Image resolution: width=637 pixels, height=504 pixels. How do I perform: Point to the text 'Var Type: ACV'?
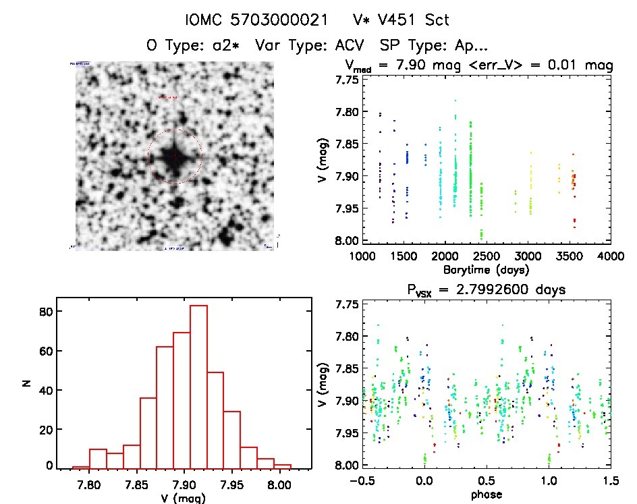click(x=320, y=46)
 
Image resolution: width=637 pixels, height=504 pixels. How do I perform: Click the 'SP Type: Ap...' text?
click(x=434, y=46)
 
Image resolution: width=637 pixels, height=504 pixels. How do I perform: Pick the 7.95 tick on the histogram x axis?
click(x=240, y=484)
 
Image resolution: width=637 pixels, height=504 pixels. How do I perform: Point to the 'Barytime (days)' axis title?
click(x=486, y=270)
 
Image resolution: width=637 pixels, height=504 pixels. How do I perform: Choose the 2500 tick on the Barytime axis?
click(x=486, y=256)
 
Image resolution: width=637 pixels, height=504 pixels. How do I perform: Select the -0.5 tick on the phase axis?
click(x=362, y=480)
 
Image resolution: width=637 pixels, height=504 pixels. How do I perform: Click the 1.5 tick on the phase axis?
click(x=610, y=480)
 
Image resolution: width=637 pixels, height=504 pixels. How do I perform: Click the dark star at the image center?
click(x=174, y=157)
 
